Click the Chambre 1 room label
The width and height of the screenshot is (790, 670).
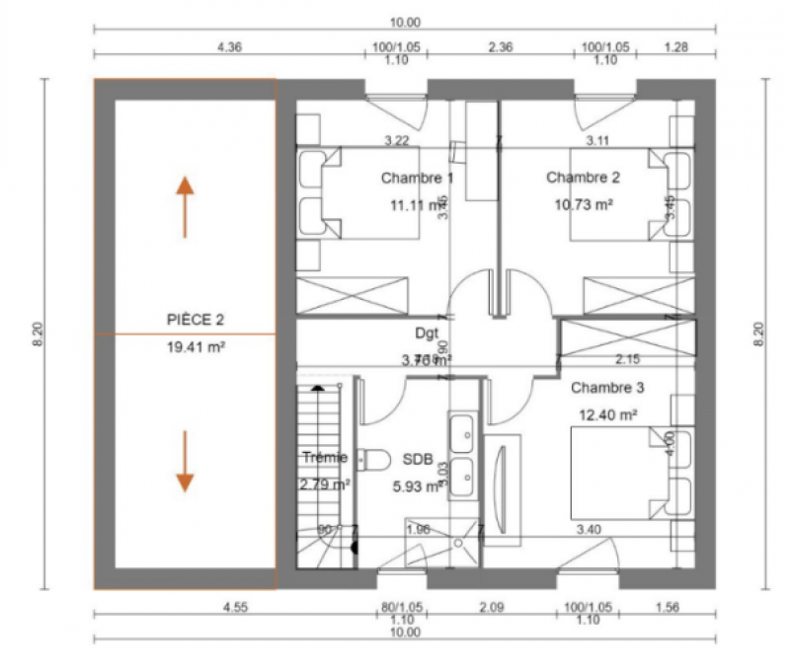tap(417, 179)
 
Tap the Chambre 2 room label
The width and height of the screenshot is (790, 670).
tap(583, 178)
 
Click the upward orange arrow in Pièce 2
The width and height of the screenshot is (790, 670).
tap(185, 206)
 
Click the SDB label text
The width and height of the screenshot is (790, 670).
tap(417, 460)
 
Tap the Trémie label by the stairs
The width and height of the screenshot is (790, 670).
tap(325, 458)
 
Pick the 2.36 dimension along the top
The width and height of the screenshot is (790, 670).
tap(501, 46)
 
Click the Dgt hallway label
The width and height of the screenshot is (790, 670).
tap(427, 334)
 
